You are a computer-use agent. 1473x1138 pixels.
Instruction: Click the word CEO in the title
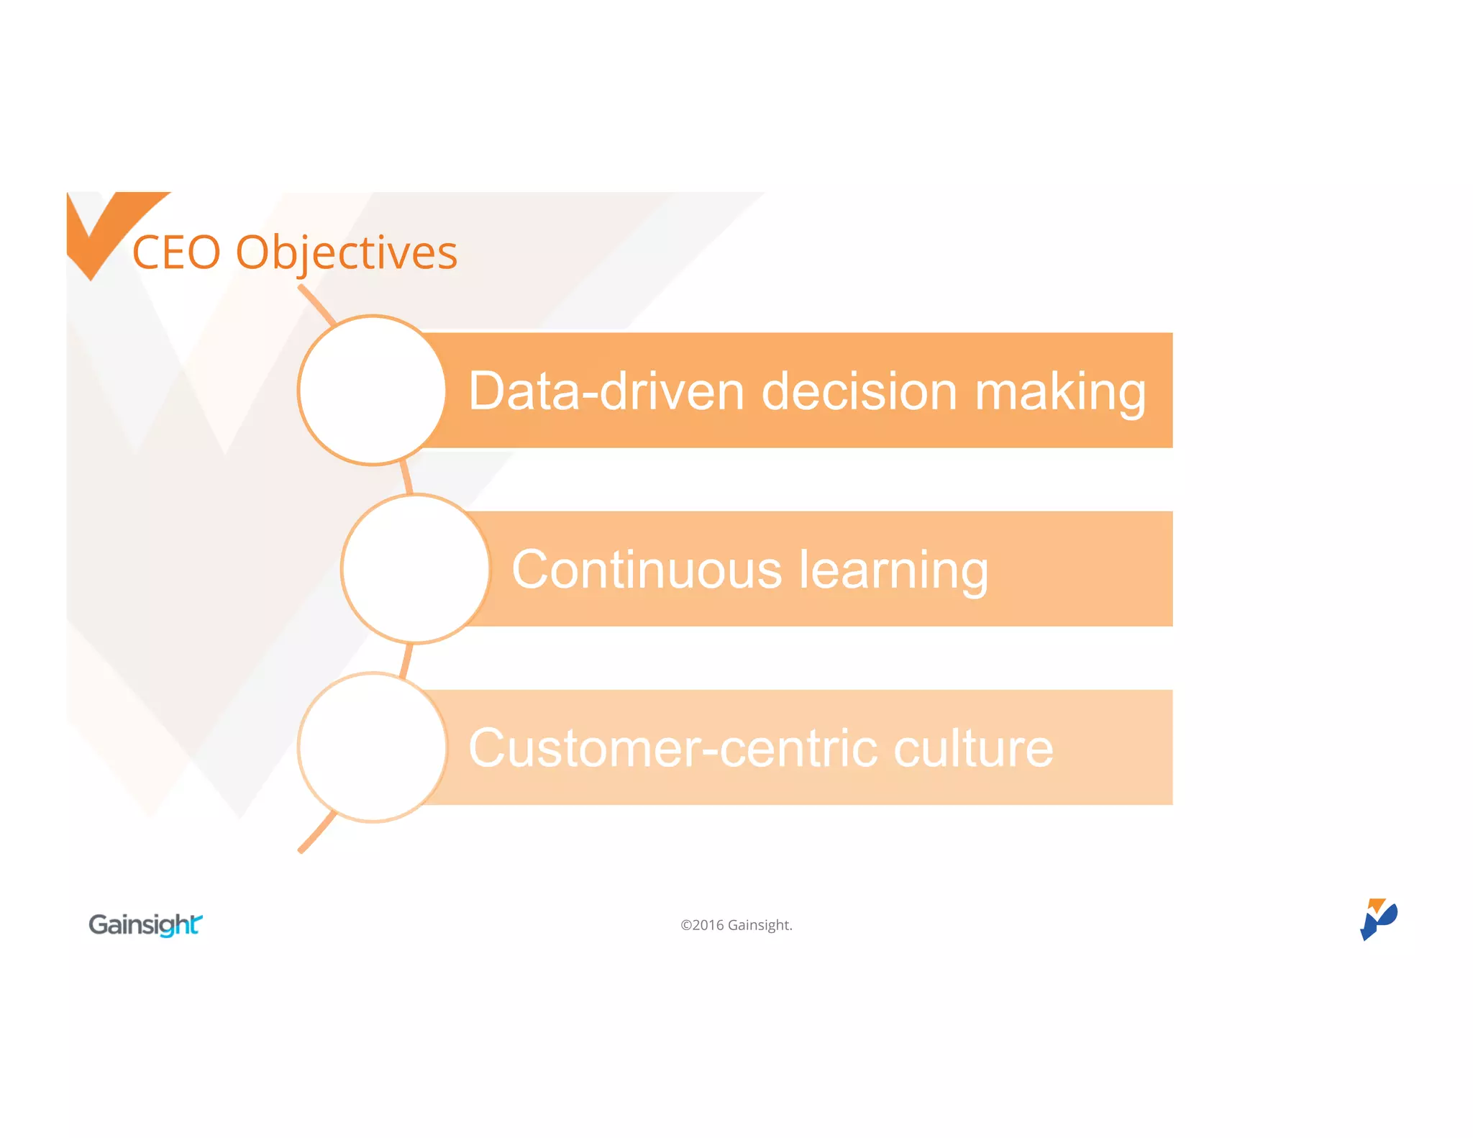point(176,253)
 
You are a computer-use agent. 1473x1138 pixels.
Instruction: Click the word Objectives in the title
point(347,253)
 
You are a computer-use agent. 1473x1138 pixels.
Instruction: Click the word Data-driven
point(606,391)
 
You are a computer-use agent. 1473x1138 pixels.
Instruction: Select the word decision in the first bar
point(859,391)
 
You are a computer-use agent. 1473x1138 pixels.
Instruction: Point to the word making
point(1060,393)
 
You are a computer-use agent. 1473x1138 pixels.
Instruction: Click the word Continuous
point(647,570)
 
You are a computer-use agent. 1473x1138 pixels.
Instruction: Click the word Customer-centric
point(673,748)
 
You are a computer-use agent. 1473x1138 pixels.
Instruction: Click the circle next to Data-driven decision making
point(373,391)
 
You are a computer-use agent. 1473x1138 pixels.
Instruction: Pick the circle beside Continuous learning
point(416,569)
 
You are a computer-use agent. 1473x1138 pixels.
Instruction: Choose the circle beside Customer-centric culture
point(373,747)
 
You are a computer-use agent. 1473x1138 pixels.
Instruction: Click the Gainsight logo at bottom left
point(145,924)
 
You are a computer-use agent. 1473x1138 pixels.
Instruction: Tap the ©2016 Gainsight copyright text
point(736,925)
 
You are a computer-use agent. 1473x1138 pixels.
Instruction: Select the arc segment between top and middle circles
point(406,478)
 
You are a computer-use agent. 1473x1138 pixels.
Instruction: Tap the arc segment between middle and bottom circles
point(406,660)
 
